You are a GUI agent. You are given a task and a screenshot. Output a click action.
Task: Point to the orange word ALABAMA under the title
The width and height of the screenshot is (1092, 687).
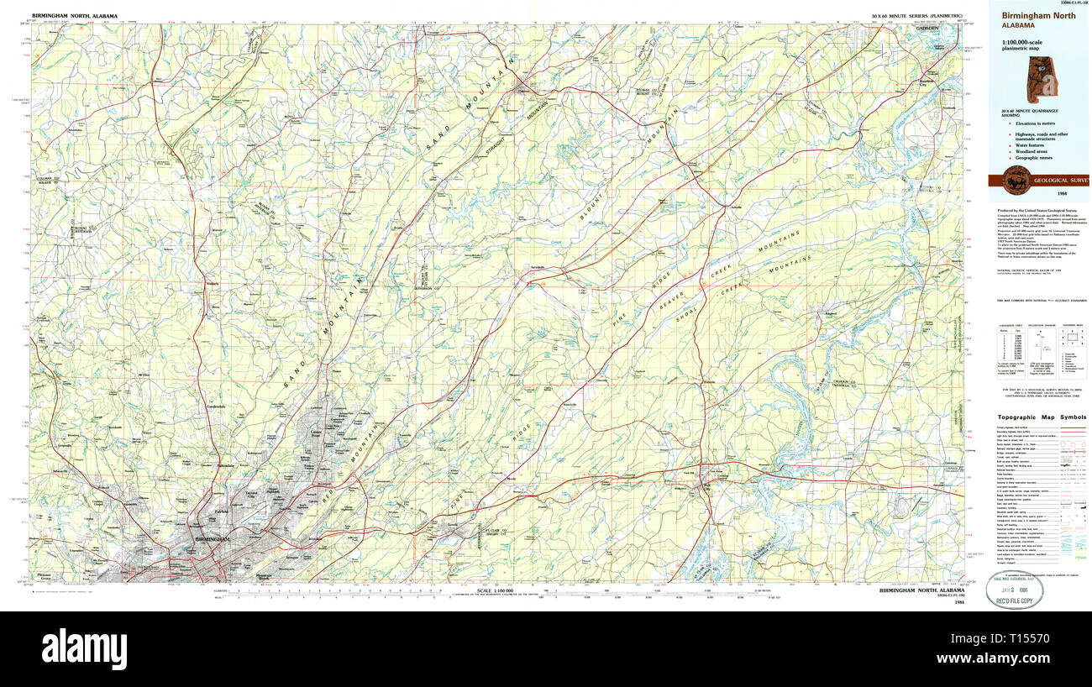(x=1017, y=26)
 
